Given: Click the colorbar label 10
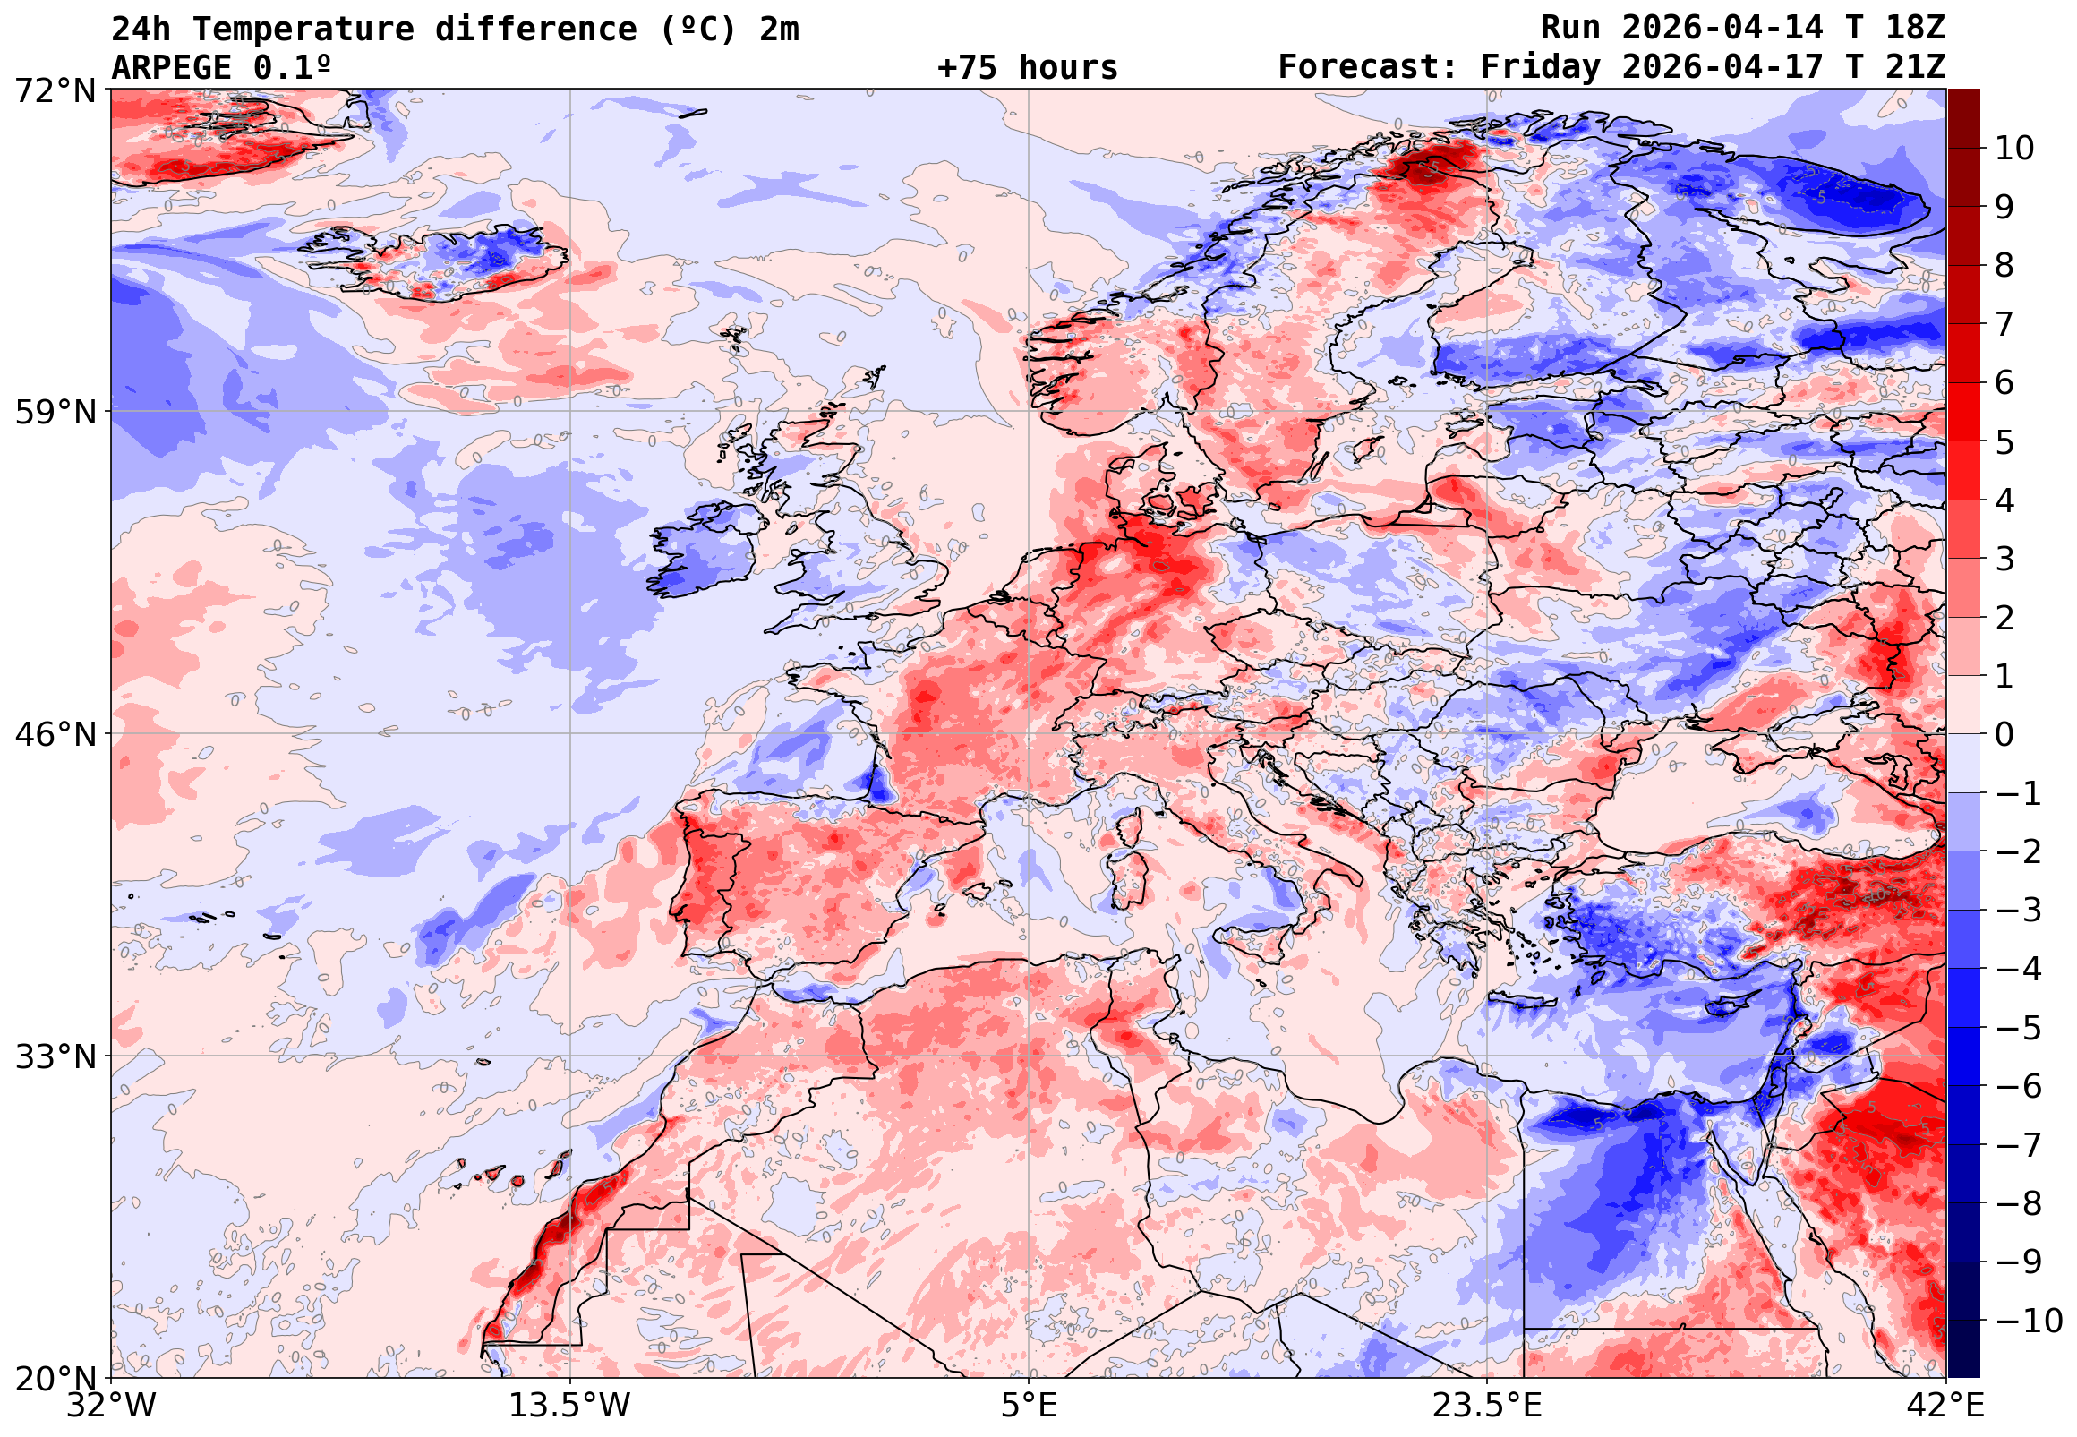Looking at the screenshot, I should tap(2014, 149).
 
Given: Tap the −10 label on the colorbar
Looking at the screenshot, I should tap(2029, 1321).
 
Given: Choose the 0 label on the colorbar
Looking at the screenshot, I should tap(2004, 735).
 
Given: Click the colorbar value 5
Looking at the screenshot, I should tap(2004, 442).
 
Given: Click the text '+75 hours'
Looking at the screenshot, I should tap(1027, 67).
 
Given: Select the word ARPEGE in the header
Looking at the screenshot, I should tap(171, 67).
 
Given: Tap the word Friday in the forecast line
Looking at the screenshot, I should tap(1541, 67).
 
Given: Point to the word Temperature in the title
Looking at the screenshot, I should tap(303, 29).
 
